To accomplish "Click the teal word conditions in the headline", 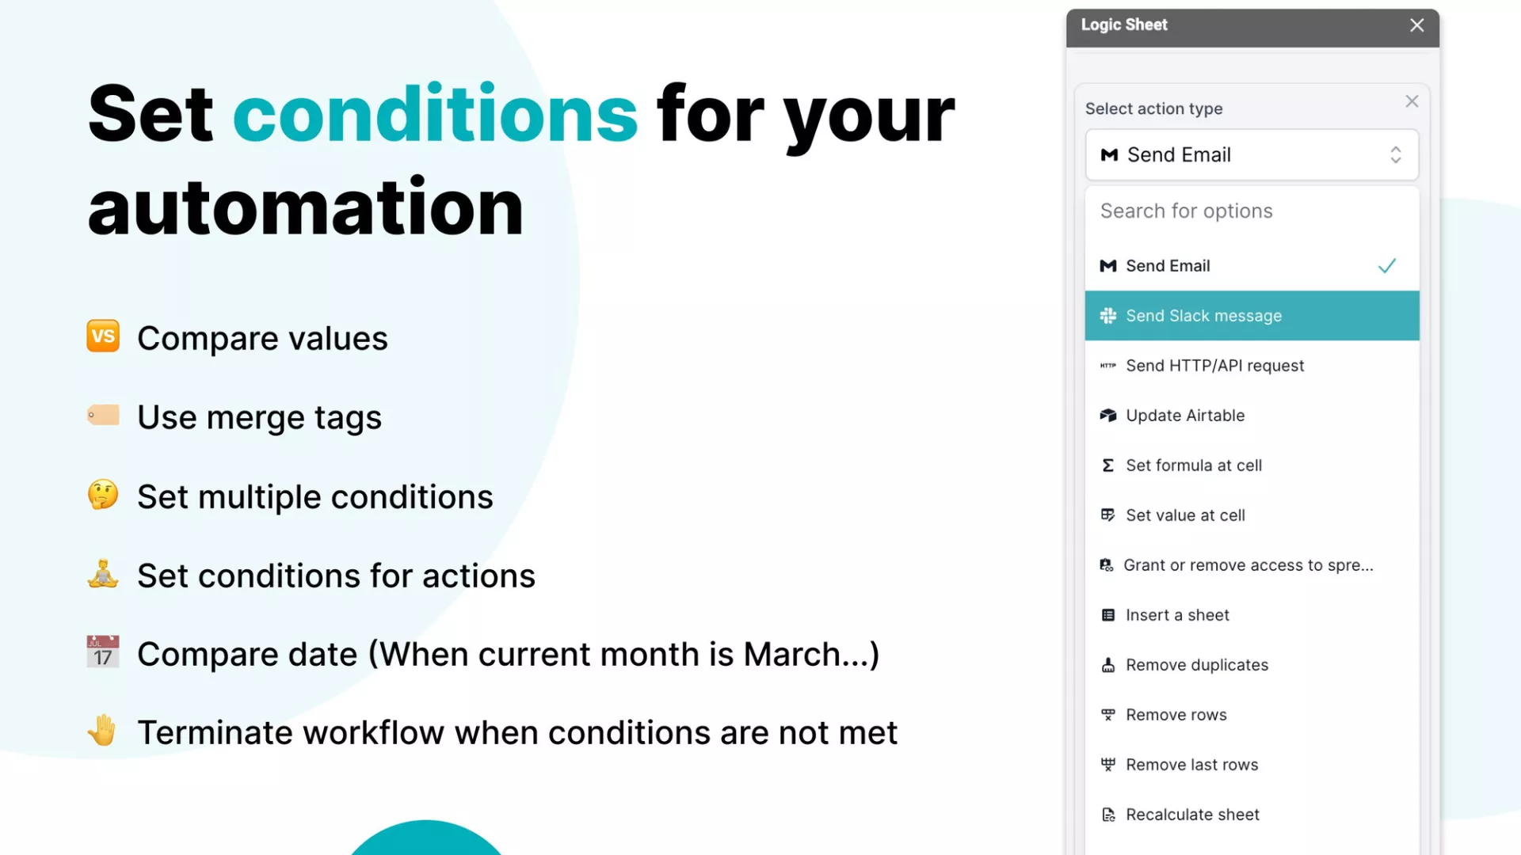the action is click(435, 114).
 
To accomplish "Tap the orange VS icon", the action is click(103, 336).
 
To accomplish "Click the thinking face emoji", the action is click(103, 495).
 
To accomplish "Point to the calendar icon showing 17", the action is click(103, 652).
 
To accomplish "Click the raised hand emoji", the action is click(102, 730).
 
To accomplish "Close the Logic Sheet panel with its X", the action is click(1417, 25).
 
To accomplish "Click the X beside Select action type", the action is click(1412, 101).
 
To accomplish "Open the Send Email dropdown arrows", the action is click(1396, 154).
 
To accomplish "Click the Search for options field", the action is click(1252, 211).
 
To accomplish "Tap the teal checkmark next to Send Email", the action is click(1387, 266).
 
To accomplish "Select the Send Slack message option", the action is click(1252, 316).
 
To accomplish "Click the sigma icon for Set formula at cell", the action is click(1108, 465).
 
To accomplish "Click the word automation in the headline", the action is click(306, 207).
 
